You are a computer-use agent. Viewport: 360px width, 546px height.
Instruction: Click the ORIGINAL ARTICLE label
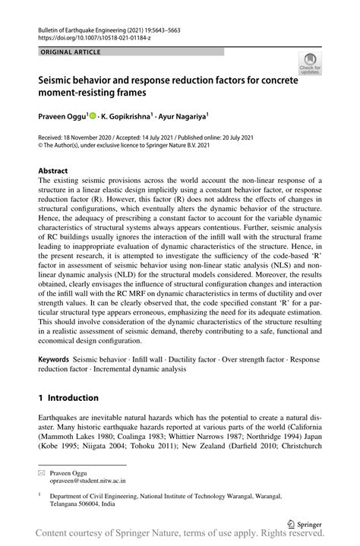pos(66,51)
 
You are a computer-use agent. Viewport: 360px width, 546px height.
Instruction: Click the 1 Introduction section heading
pos(68,397)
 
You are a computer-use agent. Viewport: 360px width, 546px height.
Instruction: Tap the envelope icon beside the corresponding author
pos(43,451)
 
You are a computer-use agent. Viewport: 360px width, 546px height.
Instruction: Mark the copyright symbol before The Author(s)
pos(41,146)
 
